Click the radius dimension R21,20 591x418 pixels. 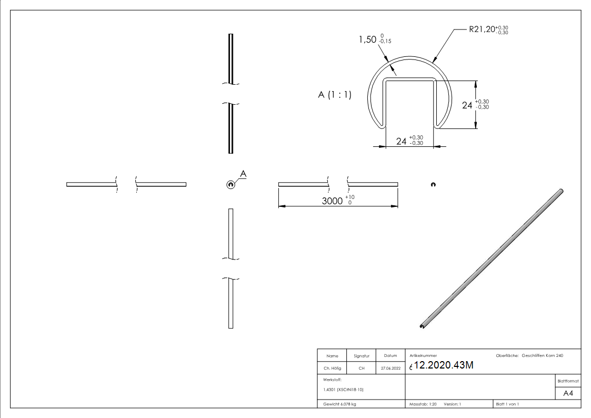(482, 30)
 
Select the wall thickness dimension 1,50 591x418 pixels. (367, 39)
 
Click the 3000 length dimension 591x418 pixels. (333, 201)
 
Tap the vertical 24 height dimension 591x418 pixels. (467, 105)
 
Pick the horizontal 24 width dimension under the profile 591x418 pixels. (402, 141)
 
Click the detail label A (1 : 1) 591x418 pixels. (335, 95)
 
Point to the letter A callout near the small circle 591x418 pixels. (243, 173)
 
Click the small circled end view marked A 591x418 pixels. (230, 184)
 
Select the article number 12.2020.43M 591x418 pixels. (444, 366)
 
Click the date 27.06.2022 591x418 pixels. (390, 369)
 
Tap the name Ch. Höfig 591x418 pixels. (332, 369)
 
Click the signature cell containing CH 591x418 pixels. (362, 369)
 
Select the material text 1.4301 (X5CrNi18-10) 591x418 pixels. (343, 390)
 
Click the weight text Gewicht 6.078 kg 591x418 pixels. (340, 404)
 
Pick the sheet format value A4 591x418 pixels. (568, 393)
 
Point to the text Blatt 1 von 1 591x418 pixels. (507, 404)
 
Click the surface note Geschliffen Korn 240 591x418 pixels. (542, 356)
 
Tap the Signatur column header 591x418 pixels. (362, 356)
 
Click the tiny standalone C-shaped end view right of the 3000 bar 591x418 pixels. (433, 184)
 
